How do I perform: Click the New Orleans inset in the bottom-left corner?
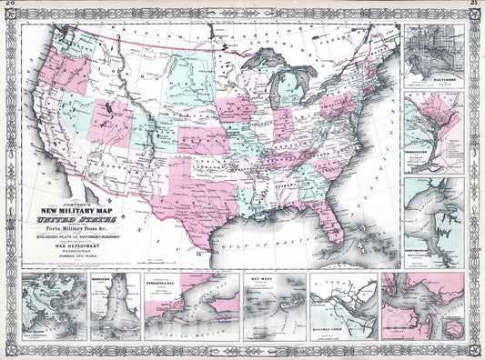(51, 309)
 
